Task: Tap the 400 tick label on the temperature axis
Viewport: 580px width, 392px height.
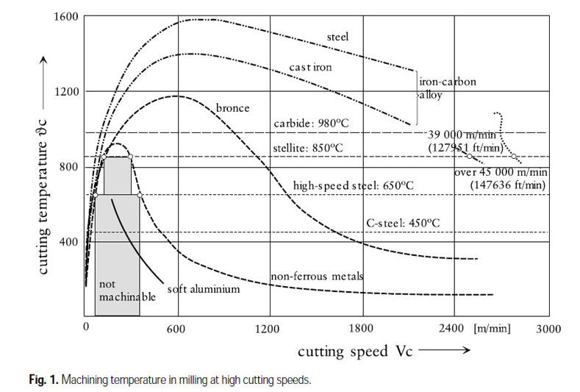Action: pos(68,242)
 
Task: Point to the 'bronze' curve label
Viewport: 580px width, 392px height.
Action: pos(232,108)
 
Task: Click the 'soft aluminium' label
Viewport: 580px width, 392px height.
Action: pos(204,289)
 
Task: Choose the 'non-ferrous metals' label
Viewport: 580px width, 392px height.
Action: pos(318,276)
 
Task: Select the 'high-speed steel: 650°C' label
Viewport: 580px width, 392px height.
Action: pos(354,185)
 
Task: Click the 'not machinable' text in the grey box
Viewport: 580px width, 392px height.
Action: pos(126,290)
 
